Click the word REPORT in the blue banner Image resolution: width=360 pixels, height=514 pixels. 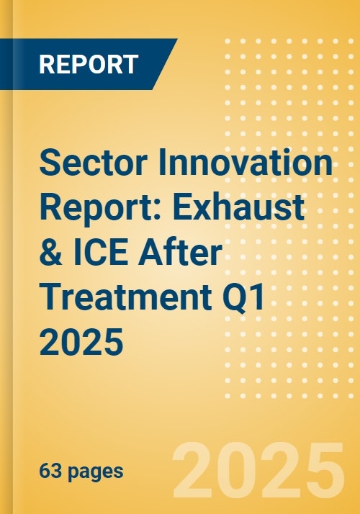pyautogui.click(x=88, y=65)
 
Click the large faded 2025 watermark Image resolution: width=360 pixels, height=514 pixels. pyautogui.click(x=259, y=469)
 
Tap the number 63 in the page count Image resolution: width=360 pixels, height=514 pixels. pyautogui.click(x=49, y=472)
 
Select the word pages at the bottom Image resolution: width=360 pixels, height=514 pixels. pyautogui.click(x=96, y=472)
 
